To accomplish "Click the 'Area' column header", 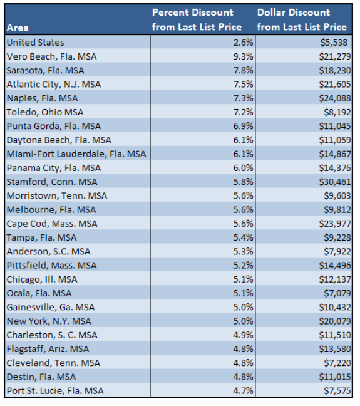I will tap(18, 28).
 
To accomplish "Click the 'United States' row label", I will tap(35, 43).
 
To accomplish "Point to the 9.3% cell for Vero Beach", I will tap(243, 56).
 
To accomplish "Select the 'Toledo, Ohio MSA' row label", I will tap(44, 112).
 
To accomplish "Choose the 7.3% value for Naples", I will tap(243, 98).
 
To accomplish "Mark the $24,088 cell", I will tap(330, 98).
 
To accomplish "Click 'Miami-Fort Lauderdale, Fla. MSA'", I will tap(76, 154).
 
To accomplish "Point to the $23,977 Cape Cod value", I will tap(330, 224).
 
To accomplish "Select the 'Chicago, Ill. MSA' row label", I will tap(42, 279).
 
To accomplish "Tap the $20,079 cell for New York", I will tap(330, 321).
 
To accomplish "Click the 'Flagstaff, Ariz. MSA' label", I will tap(48, 349).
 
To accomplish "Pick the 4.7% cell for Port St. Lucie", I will tap(243, 390).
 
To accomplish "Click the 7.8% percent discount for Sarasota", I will tap(243, 70).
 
